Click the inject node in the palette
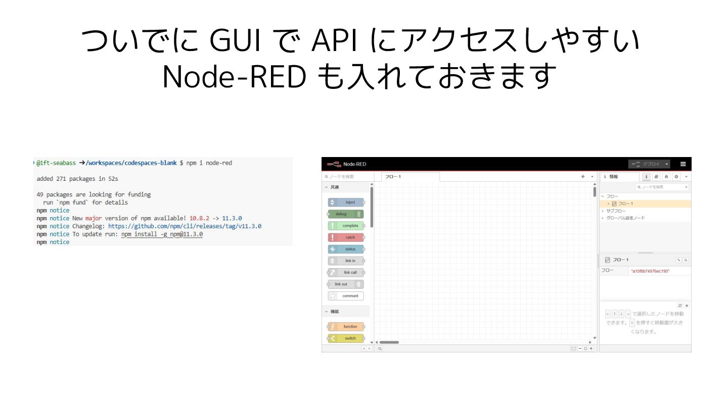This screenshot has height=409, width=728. click(346, 202)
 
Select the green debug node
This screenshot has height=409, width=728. click(346, 214)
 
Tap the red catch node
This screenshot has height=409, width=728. click(346, 237)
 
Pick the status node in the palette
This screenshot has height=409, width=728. click(346, 249)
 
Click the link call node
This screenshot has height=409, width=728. click(346, 273)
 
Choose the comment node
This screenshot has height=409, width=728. click(346, 296)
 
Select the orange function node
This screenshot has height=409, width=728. click(346, 327)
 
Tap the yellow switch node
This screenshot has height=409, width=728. click(346, 338)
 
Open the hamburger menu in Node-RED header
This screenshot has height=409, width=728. click(683, 164)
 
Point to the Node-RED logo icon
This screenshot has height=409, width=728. click(334, 164)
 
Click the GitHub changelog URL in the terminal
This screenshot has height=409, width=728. click(185, 226)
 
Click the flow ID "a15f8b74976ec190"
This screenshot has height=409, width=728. click(650, 271)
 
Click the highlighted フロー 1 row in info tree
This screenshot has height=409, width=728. click(625, 203)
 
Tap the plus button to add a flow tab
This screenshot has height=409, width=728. click(583, 177)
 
